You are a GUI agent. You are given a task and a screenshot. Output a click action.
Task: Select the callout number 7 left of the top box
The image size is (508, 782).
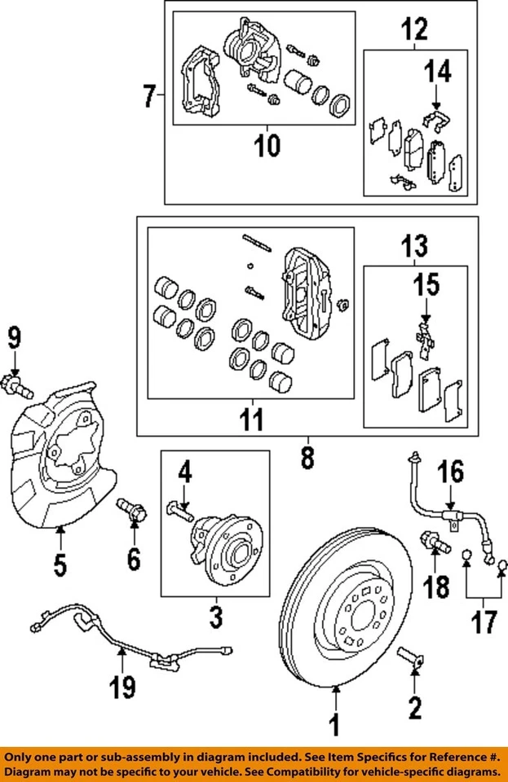coord(148,97)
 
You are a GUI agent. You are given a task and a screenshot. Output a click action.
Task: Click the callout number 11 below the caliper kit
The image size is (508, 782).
coord(252,422)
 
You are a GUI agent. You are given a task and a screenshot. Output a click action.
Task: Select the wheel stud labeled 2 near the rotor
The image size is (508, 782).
coord(411,658)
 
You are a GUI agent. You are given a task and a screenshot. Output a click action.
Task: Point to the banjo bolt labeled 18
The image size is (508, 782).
coord(433,540)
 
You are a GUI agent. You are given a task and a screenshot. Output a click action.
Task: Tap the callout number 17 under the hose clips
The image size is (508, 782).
coord(484,623)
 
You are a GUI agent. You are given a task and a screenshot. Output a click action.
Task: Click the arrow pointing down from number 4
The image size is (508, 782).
coord(185,496)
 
